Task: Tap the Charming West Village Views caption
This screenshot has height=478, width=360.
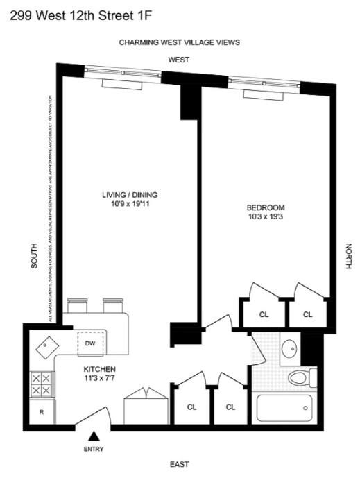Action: tap(179, 42)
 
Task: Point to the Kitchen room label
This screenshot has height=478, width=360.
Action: tap(99, 368)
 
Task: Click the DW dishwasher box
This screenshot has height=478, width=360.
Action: tap(90, 343)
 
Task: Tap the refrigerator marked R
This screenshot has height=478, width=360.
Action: tap(42, 412)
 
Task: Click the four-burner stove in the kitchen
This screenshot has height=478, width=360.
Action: tap(41, 383)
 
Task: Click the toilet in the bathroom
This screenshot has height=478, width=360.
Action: tap(300, 378)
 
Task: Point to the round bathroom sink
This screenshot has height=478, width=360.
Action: tap(290, 350)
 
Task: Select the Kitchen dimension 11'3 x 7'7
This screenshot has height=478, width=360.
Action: tap(99, 379)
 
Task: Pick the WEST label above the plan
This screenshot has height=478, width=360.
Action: tap(178, 60)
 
